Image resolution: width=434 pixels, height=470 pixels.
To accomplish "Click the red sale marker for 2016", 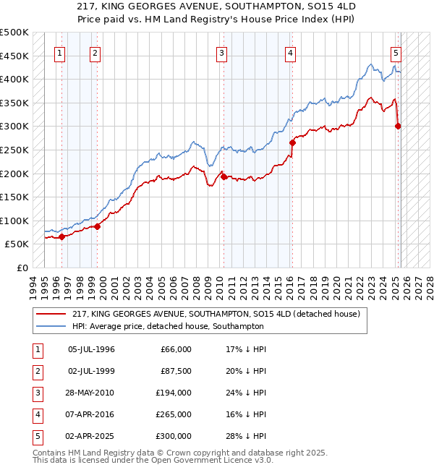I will click(x=293, y=142).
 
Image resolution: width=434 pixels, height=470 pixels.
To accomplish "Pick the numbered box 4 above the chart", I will click(x=289, y=52).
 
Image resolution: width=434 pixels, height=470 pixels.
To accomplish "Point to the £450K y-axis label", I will click(x=15, y=56).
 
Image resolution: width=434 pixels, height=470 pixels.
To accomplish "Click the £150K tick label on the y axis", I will click(x=15, y=197).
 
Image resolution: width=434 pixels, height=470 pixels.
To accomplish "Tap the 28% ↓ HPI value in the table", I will click(x=246, y=436).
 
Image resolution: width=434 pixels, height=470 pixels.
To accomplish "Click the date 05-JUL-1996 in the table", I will click(x=91, y=349).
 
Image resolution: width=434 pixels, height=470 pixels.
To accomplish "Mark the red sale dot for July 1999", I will click(x=97, y=226).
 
